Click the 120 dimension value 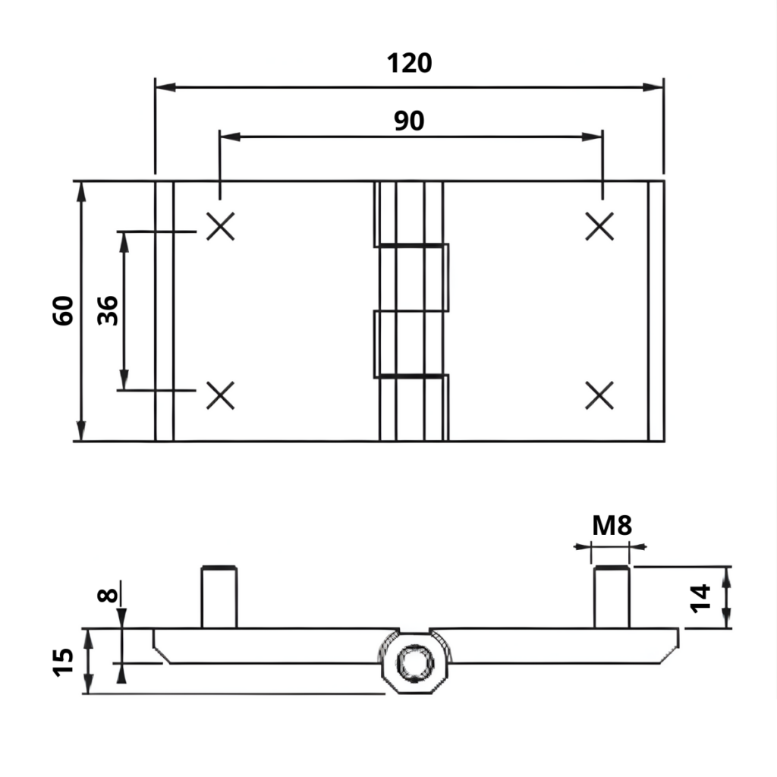pos(409,63)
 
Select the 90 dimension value pos(409,120)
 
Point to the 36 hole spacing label pos(109,310)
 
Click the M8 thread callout pos(611,525)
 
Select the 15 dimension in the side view pos(65,661)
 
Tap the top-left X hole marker pos(221,226)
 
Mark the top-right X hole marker pos(600,226)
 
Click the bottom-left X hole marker pos(221,395)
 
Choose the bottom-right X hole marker pos(600,395)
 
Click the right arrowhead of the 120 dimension pos(653,87)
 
